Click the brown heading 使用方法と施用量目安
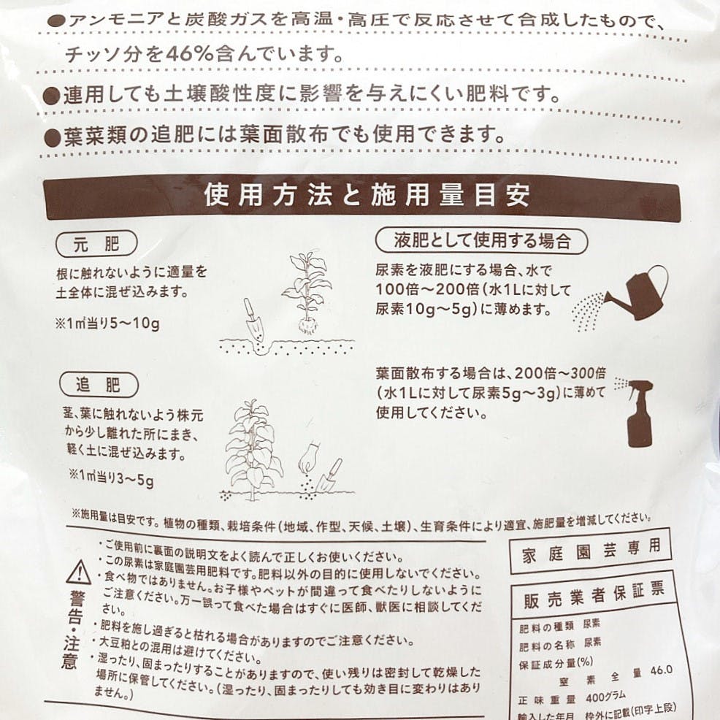click(367, 195)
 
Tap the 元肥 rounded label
click(96, 244)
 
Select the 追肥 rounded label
click(99, 385)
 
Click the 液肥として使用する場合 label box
click(482, 241)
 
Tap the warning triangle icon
click(79, 572)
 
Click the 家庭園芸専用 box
click(591, 551)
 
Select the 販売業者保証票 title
click(594, 596)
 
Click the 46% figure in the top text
click(190, 55)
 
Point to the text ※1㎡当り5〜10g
click(107, 323)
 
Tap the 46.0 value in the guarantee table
click(662, 670)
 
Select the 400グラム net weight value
click(605, 697)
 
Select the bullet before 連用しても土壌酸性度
click(51, 96)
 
